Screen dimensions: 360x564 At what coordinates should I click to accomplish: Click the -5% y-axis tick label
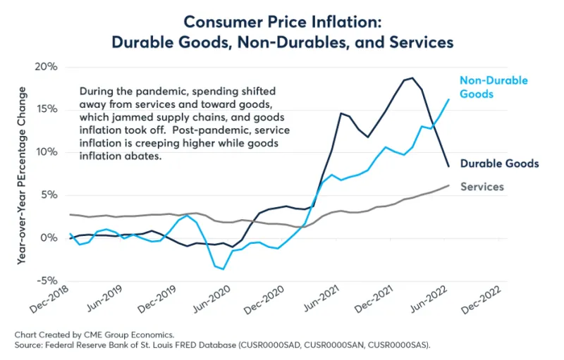click(x=45, y=280)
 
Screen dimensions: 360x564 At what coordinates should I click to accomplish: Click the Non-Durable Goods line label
click(x=493, y=87)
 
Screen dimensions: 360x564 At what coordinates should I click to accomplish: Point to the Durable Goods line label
click(x=499, y=163)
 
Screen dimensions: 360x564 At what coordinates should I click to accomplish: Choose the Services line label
click(x=482, y=187)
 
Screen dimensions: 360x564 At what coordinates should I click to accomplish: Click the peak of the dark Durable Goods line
click(x=412, y=78)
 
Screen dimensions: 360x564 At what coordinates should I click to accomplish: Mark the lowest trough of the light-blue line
click(x=223, y=269)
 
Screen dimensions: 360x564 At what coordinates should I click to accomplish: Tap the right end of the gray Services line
click(x=448, y=185)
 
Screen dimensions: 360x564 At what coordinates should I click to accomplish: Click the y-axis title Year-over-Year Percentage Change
click(x=23, y=175)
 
